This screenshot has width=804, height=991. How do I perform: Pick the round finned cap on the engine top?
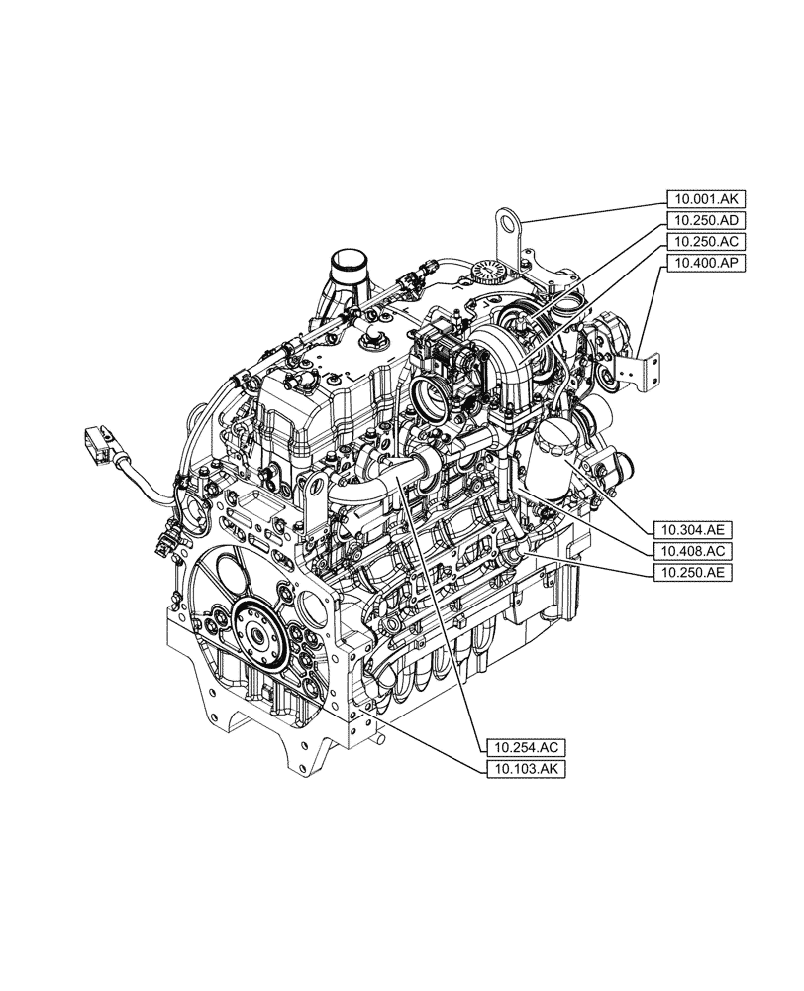(x=488, y=272)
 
